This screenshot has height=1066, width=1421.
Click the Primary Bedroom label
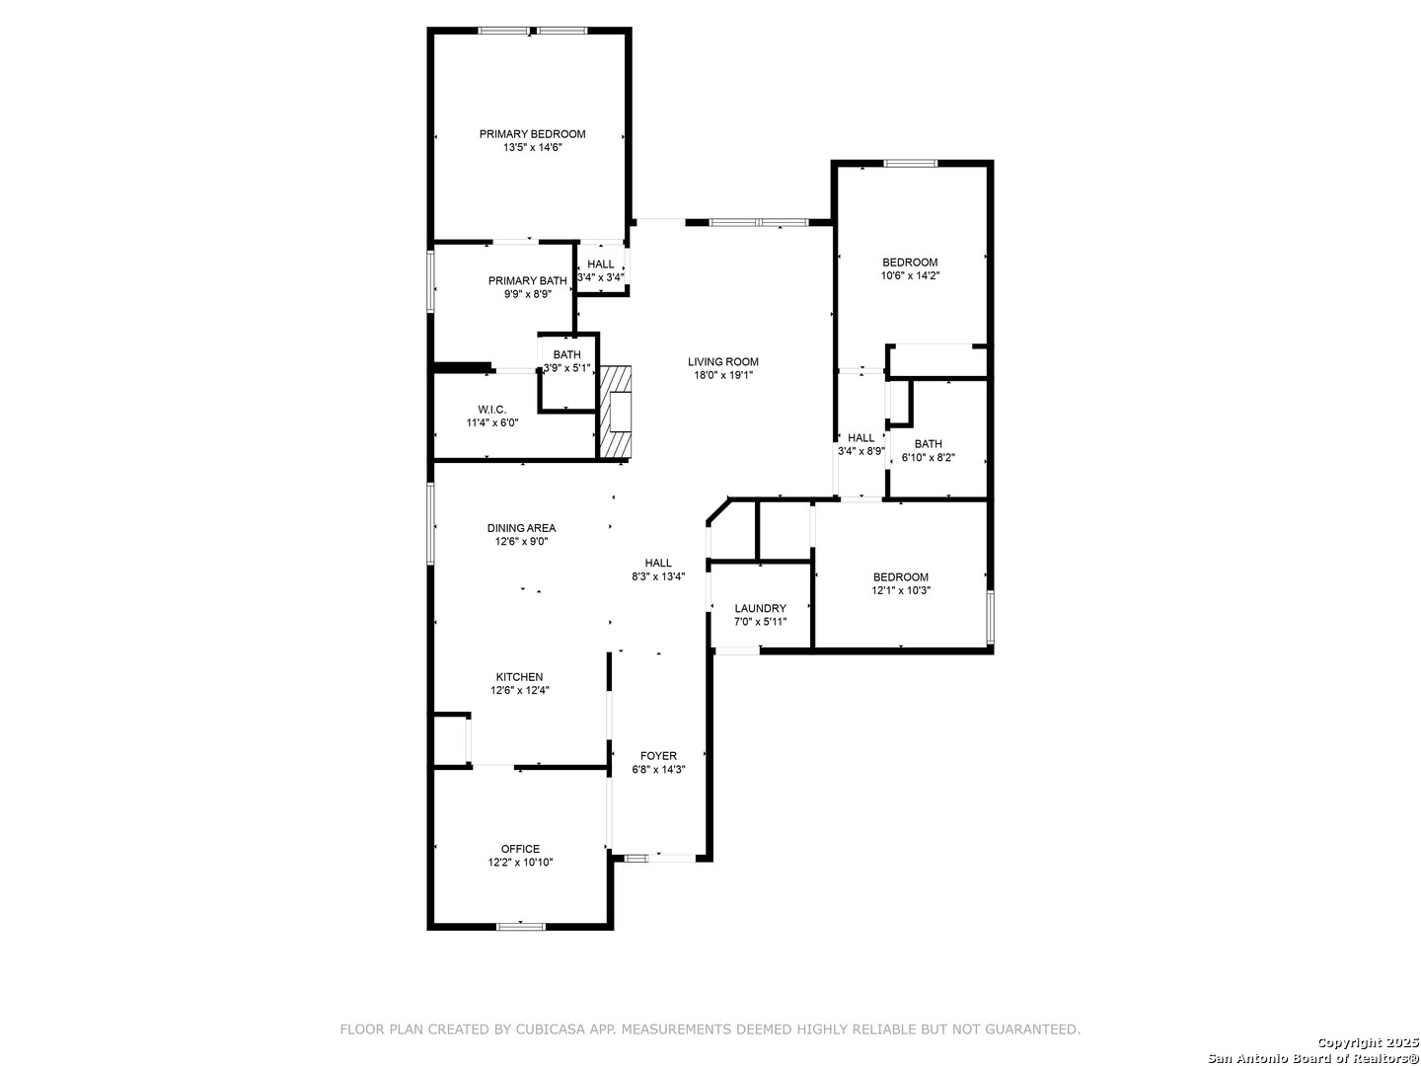(x=532, y=134)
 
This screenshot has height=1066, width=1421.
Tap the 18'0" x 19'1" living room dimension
(x=723, y=375)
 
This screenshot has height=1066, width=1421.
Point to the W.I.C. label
(x=492, y=410)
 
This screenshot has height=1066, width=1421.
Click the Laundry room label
(x=760, y=608)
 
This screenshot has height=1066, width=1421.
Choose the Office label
(x=520, y=849)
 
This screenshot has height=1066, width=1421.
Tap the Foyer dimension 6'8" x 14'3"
(x=658, y=770)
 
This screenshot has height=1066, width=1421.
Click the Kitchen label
(x=520, y=677)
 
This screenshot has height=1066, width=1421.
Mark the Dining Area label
(x=522, y=528)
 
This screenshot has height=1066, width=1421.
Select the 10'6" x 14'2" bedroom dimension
(x=910, y=275)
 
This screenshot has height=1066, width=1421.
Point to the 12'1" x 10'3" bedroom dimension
(x=901, y=590)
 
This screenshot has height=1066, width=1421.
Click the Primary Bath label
(x=528, y=281)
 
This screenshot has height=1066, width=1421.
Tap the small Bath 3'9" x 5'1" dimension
(x=567, y=368)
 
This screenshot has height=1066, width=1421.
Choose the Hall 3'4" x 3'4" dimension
(x=601, y=277)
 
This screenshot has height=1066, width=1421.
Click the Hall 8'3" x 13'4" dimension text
(x=658, y=576)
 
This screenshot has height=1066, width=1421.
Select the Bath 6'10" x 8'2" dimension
(x=929, y=458)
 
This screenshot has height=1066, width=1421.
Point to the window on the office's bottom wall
(x=520, y=926)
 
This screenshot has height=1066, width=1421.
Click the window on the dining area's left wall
(x=430, y=523)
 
